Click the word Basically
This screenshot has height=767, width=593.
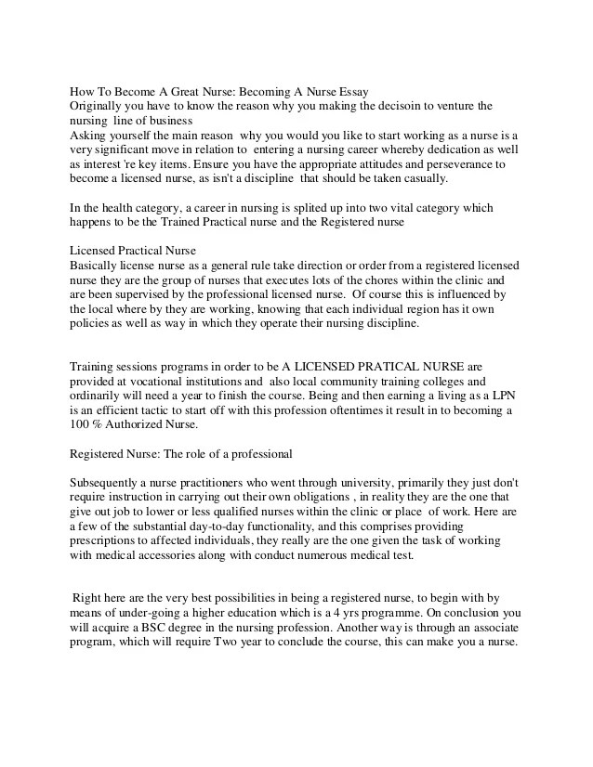tap(99, 266)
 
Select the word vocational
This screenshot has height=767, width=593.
tap(164, 381)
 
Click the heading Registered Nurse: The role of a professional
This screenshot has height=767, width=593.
tap(182, 454)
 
